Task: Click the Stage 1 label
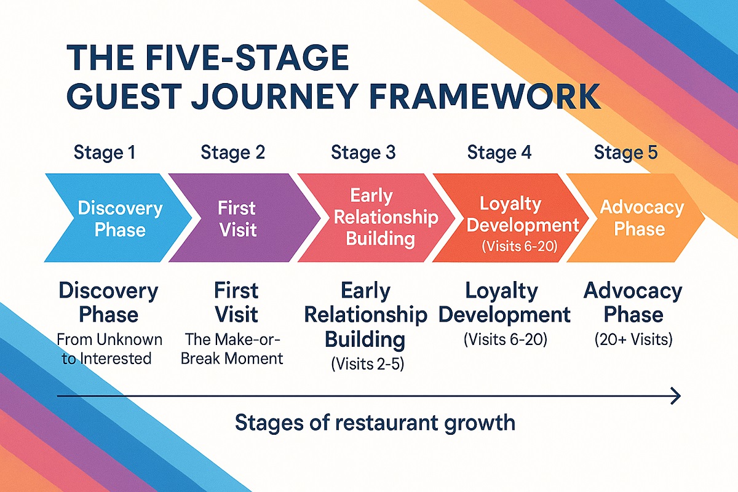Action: click(104, 152)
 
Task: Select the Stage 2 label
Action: click(232, 152)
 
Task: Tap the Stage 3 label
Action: click(363, 152)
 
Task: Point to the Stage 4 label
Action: click(499, 152)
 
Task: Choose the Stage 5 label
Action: click(625, 152)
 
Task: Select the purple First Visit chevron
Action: click(237, 218)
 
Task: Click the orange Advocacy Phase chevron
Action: click(640, 218)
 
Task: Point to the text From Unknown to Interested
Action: click(109, 349)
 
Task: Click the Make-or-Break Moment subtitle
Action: click(232, 349)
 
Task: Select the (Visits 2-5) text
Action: click(368, 363)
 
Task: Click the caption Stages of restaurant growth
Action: click(375, 423)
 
